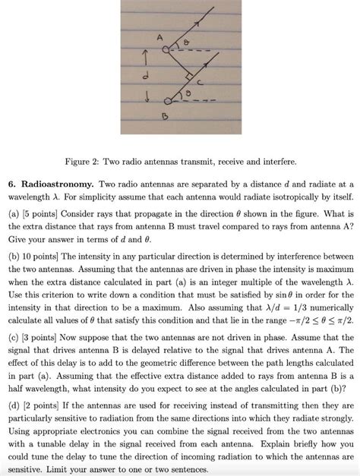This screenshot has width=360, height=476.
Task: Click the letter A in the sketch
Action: point(159,37)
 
